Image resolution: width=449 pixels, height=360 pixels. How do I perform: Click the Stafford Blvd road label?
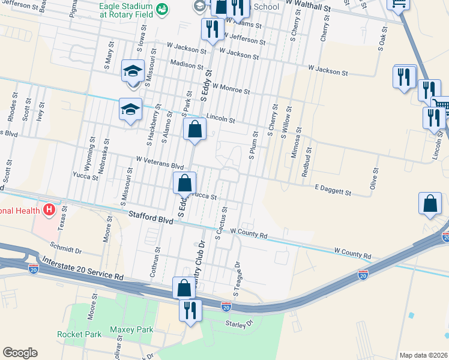pyautogui.click(x=151, y=217)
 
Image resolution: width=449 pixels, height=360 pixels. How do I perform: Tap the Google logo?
pyautogui.click(x=20, y=353)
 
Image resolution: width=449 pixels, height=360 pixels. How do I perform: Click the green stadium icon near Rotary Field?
pyautogui.click(x=161, y=8)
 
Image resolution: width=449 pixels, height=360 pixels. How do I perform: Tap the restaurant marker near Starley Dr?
pyautogui.click(x=191, y=311)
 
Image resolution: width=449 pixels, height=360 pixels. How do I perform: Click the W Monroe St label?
pyautogui.click(x=231, y=89)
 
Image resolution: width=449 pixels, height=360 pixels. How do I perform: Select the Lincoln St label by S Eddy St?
pyautogui.click(x=219, y=118)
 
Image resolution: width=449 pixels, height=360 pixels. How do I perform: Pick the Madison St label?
pyautogui.click(x=186, y=64)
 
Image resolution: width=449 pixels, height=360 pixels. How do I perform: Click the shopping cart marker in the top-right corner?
pyautogui.click(x=398, y=4)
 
